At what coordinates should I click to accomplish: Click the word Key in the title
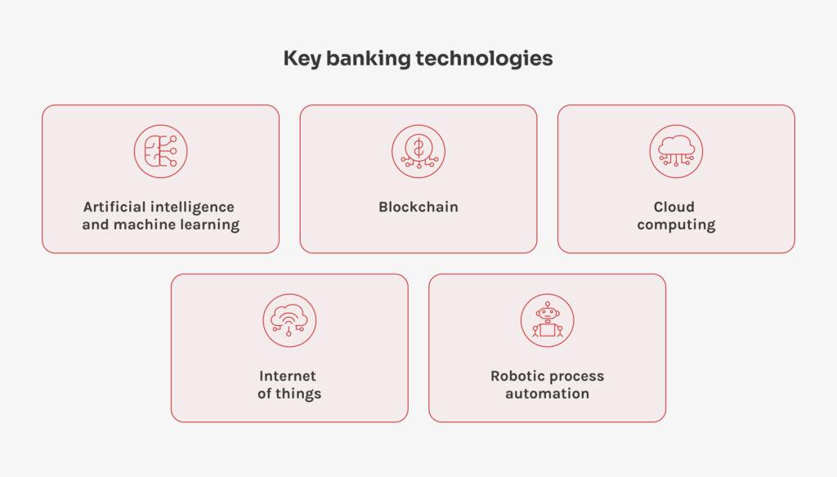301,59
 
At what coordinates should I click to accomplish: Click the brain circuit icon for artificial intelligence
160,151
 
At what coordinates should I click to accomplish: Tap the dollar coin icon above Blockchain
418,151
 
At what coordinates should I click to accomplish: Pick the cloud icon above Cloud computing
676,151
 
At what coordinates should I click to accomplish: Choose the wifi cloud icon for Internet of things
289,320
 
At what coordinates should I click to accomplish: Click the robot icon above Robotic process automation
547,320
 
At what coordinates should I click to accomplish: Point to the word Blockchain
418,207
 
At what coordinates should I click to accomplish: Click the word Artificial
115,207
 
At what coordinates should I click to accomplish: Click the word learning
213,225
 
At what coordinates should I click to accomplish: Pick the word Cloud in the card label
674,207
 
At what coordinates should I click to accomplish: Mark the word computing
676,225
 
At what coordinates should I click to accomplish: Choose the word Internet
288,376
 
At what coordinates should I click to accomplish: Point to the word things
299,394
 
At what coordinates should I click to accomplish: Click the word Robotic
518,376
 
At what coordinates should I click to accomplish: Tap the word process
577,377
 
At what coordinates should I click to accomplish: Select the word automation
547,394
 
